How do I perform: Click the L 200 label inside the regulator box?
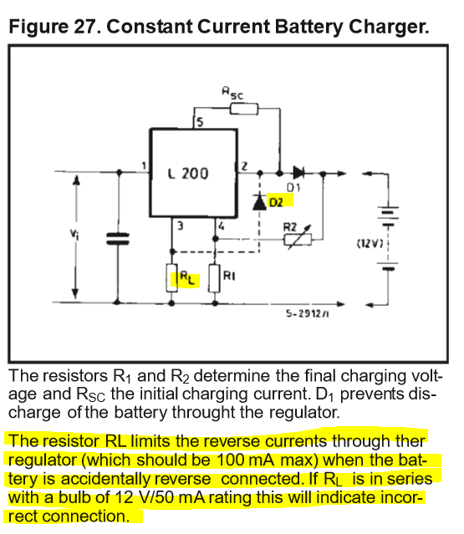[188, 174]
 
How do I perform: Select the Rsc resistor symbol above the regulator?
[244, 109]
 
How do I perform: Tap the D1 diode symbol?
[298, 173]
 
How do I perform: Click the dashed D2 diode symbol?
[260, 201]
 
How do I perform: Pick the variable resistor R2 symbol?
[298, 237]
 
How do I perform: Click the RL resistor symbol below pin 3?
[171, 277]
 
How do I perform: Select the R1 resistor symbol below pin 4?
[214, 278]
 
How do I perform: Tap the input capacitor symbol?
[118, 239]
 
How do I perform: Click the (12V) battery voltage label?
[370, 243]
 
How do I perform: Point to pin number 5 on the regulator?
[200, 122]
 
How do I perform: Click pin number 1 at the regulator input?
[144, 165]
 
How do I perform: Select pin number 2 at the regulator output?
[244, 166]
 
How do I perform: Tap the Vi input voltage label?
[74, 234]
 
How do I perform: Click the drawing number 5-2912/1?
[308, 313]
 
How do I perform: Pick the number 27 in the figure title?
[84, 27]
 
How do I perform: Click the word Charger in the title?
[389, 28]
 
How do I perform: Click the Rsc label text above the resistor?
[233, 93]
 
